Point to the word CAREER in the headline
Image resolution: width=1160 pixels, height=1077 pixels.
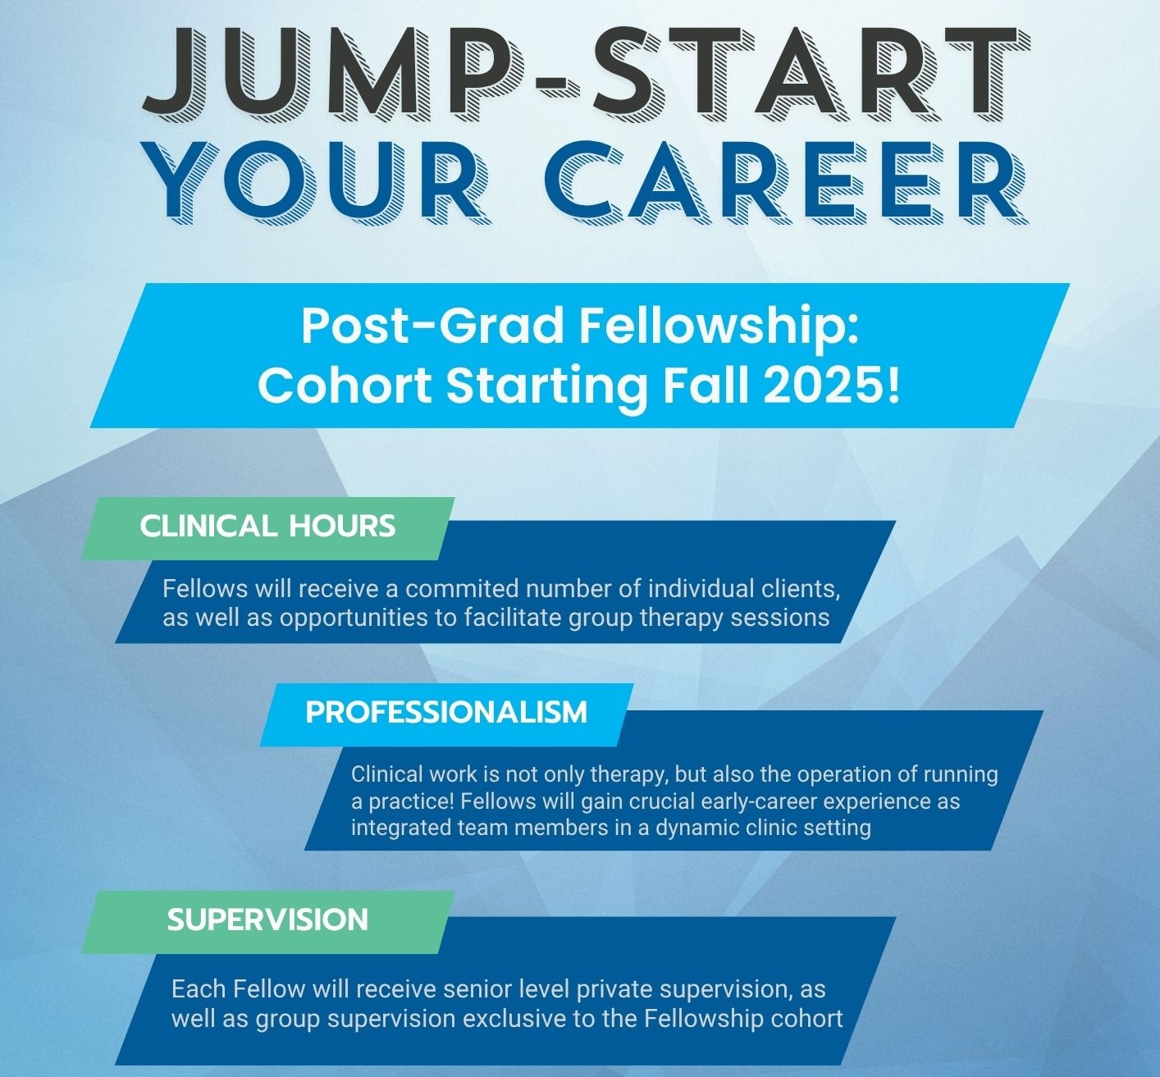tap(786, 181)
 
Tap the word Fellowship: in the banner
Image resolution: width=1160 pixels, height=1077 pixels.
tap(719, 326)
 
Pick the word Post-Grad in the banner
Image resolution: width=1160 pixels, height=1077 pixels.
tap(434, 326)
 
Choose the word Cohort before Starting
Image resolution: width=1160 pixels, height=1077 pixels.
tap(345, 386)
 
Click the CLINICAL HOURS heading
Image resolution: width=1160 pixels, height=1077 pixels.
tap(267, 527)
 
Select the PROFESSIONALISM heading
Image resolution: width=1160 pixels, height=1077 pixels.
tap(446, 713)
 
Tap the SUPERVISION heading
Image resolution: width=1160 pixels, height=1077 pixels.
tap(267, 920)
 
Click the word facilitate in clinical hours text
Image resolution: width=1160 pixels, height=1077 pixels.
tap(513, 618)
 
